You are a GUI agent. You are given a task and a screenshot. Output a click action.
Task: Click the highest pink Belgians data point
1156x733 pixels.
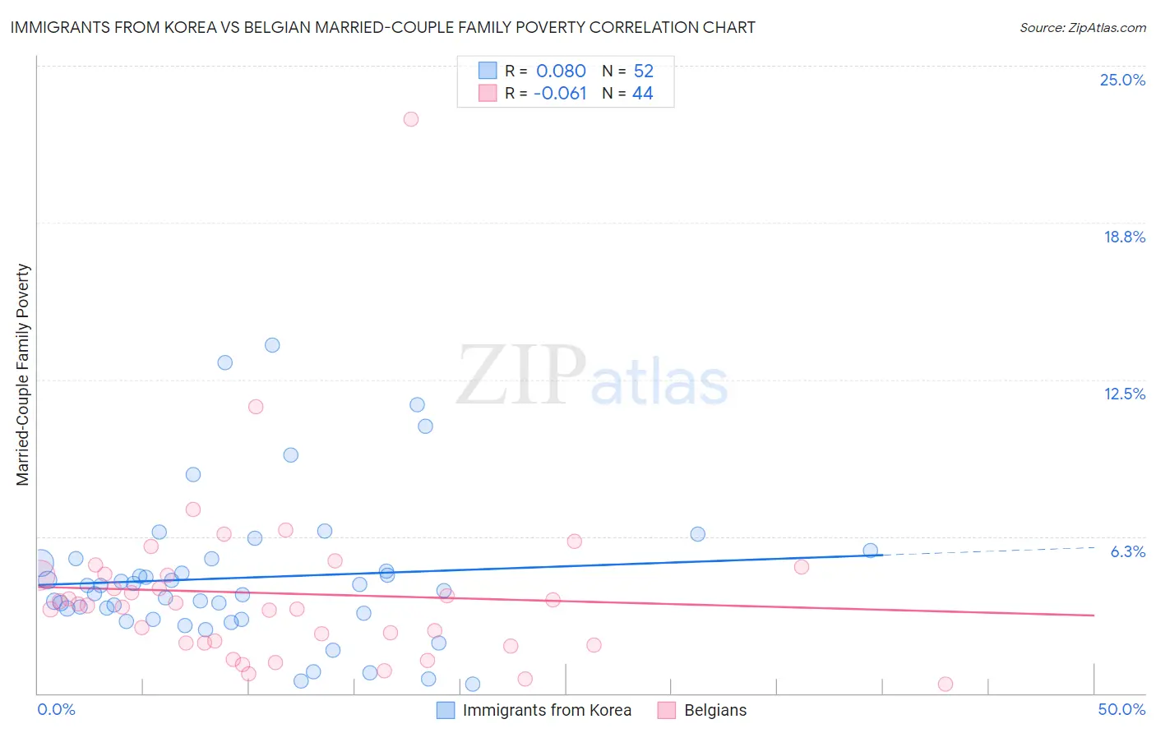click(x=411, y=119)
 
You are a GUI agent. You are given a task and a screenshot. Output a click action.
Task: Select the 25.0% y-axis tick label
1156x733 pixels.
click(x=1122, y=80)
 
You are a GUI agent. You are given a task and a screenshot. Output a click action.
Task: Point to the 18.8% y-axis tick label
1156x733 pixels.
click(x=1124, y=237)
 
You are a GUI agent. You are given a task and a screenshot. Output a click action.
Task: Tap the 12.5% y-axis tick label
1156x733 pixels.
click(x=1124, y=394)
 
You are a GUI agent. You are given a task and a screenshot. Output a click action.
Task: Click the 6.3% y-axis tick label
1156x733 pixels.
click(x=1127, y=551)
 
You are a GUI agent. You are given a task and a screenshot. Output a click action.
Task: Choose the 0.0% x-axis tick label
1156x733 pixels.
click(x=56, y=709)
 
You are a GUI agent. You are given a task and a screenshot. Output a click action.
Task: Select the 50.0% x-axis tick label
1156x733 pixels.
click(x=1121, y=709)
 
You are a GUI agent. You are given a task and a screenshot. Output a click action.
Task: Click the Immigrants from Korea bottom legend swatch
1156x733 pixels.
click(x=446, y=710)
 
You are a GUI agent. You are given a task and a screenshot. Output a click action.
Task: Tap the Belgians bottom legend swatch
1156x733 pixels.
click(x=667, y=710)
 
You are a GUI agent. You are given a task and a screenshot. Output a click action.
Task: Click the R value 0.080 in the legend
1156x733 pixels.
click(x=561, y=71)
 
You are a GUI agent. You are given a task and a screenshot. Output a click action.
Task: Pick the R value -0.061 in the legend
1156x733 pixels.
click(x=560, y=94)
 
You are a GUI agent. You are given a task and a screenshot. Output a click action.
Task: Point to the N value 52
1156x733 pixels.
click(x=643, y=71)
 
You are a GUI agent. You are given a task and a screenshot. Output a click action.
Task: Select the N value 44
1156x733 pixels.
click(x=642, y=94)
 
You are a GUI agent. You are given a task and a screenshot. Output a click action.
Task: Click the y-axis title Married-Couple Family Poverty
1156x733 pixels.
click(x=23, y=375)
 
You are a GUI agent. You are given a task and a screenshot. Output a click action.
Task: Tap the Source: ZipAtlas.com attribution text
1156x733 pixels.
click(x=1082, y=28)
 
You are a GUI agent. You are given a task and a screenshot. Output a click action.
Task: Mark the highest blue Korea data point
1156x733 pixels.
click(x=272, y=345)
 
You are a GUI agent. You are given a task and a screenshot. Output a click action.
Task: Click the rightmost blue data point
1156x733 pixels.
click(x=870, y=551)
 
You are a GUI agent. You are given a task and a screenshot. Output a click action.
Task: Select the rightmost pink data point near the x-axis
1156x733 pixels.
click(x=946, y=684)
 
